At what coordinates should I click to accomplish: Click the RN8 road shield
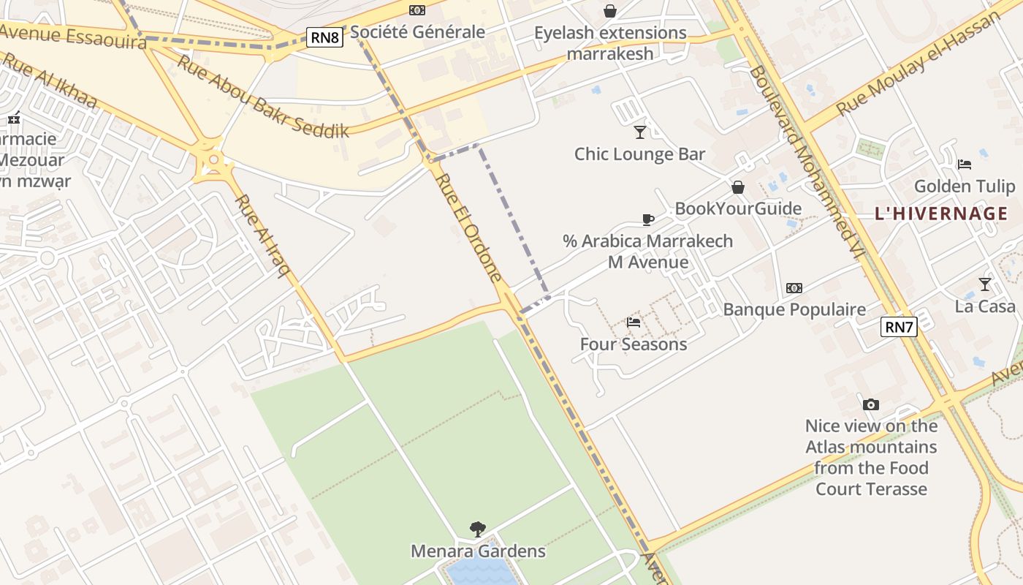pyautogui.click(x=324, y=37)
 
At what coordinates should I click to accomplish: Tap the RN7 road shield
pyautogui.click(x=899, y=327)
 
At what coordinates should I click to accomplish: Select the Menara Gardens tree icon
pyautogui.click(x=478, y=528)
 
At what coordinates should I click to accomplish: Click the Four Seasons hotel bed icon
pyautogui.click(x=634, y=322)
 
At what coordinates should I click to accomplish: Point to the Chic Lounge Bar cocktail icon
pyautogui.click(x=640, y=132)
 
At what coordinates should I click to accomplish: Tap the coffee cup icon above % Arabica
pyautogui.click(x=647, y=219)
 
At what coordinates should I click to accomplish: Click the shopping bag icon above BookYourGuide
pyautogui.click(x=738, y=187)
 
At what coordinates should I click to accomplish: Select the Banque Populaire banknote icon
pyautogui.click(x=794, y=288)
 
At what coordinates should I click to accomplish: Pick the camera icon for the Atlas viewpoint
pyautogui.click(x=870, y=404)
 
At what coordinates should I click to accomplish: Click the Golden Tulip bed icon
pyautogui.click(x=965, y=164)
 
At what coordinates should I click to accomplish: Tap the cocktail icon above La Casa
pyautogui.click(x=985, y=284)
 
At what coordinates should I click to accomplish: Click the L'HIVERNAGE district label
pyautogui.click(x=941, y=214)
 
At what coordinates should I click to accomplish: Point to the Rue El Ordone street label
pyautogui.click(x=470, y=227)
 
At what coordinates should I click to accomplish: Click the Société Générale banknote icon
pyautogui.click(x=417, y=10)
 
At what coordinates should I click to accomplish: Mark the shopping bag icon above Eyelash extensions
pyautogui.click(x=609, y=11)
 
